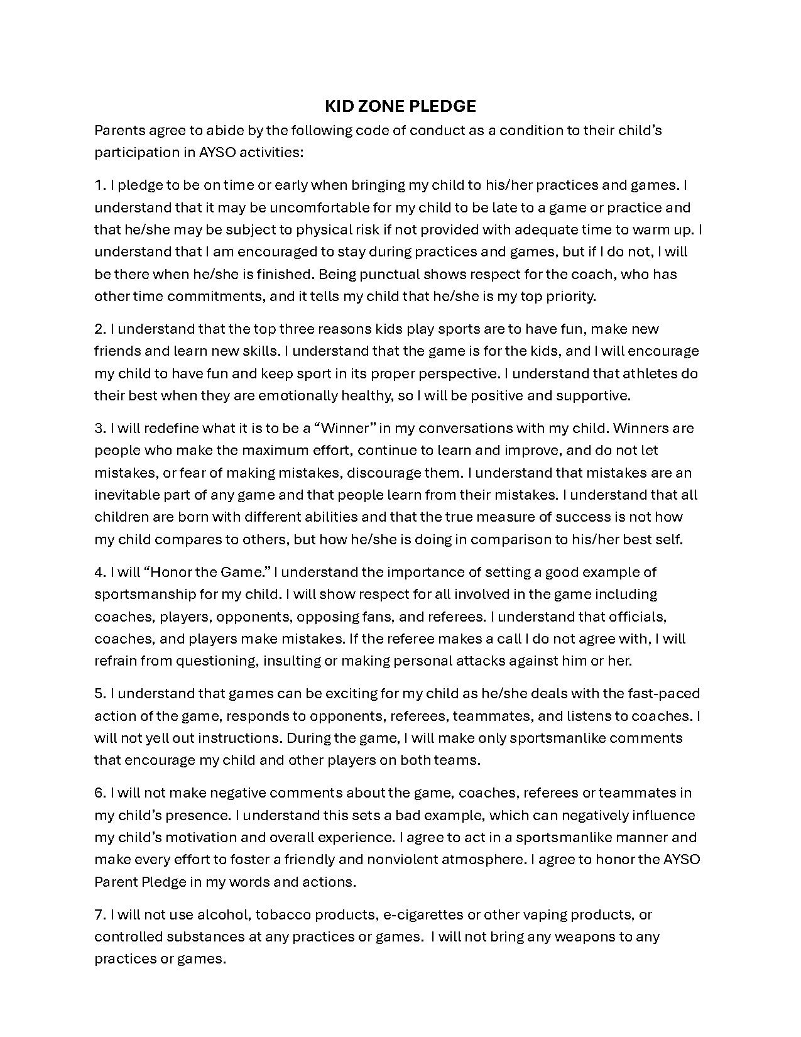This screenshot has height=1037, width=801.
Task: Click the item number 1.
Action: pos(100,185)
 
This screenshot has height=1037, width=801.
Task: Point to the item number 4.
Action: pos(100,572)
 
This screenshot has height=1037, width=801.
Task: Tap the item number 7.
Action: pos(100,914)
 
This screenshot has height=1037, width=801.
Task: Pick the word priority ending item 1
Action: pos(568,296)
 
